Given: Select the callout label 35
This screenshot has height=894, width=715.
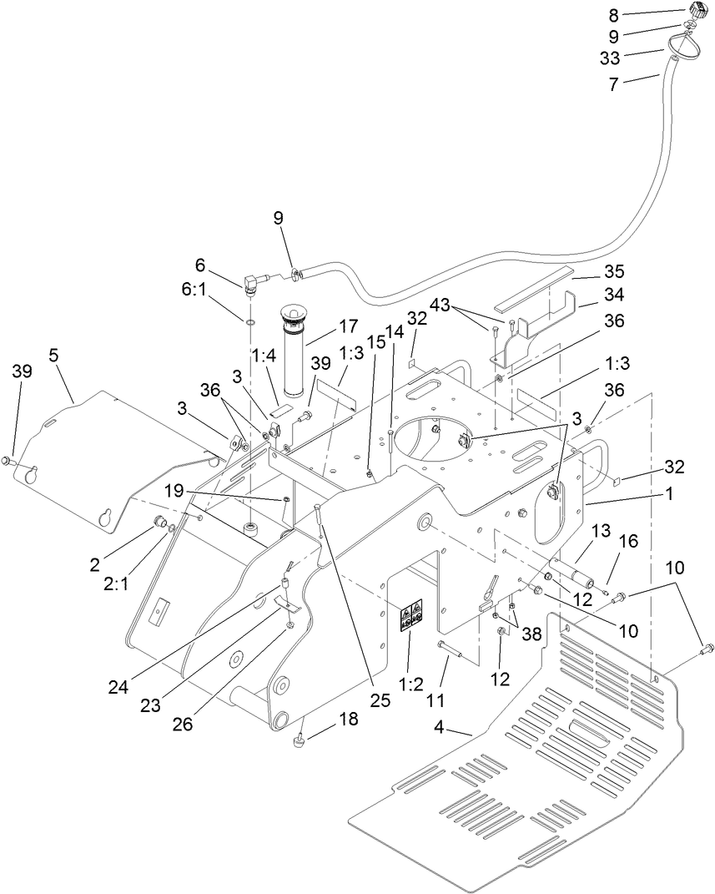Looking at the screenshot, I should pyautogui.click(x=591, y=271).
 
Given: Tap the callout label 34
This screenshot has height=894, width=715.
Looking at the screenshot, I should pyautogui.click(x=591, y=295).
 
